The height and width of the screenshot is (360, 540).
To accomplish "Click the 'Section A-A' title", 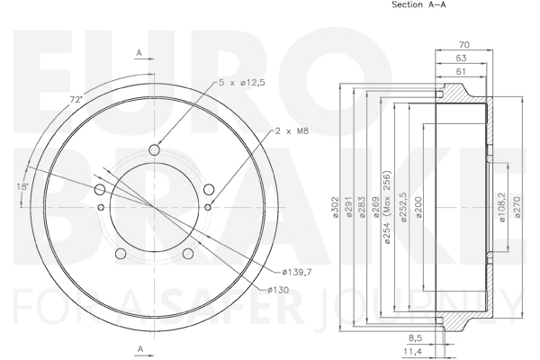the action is [x=418, y=4].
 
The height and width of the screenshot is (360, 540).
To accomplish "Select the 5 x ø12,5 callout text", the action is [x=242, y=83].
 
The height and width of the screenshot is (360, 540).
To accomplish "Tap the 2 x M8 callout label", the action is [x=292, y=130].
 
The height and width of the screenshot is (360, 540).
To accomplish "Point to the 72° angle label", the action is [x=76, y=100].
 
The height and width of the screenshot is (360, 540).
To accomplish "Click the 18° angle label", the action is [x=22, y=186].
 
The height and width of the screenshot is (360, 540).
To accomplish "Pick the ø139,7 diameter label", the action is [x=297, y=272].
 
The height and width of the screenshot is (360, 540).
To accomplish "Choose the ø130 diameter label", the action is [x=278, y=290].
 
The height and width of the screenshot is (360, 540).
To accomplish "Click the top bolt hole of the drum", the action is [x=155, y=150].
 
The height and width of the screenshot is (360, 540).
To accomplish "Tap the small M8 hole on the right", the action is [x=208, y=207].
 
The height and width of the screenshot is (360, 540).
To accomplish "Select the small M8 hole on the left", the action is [x=101, y=207].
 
